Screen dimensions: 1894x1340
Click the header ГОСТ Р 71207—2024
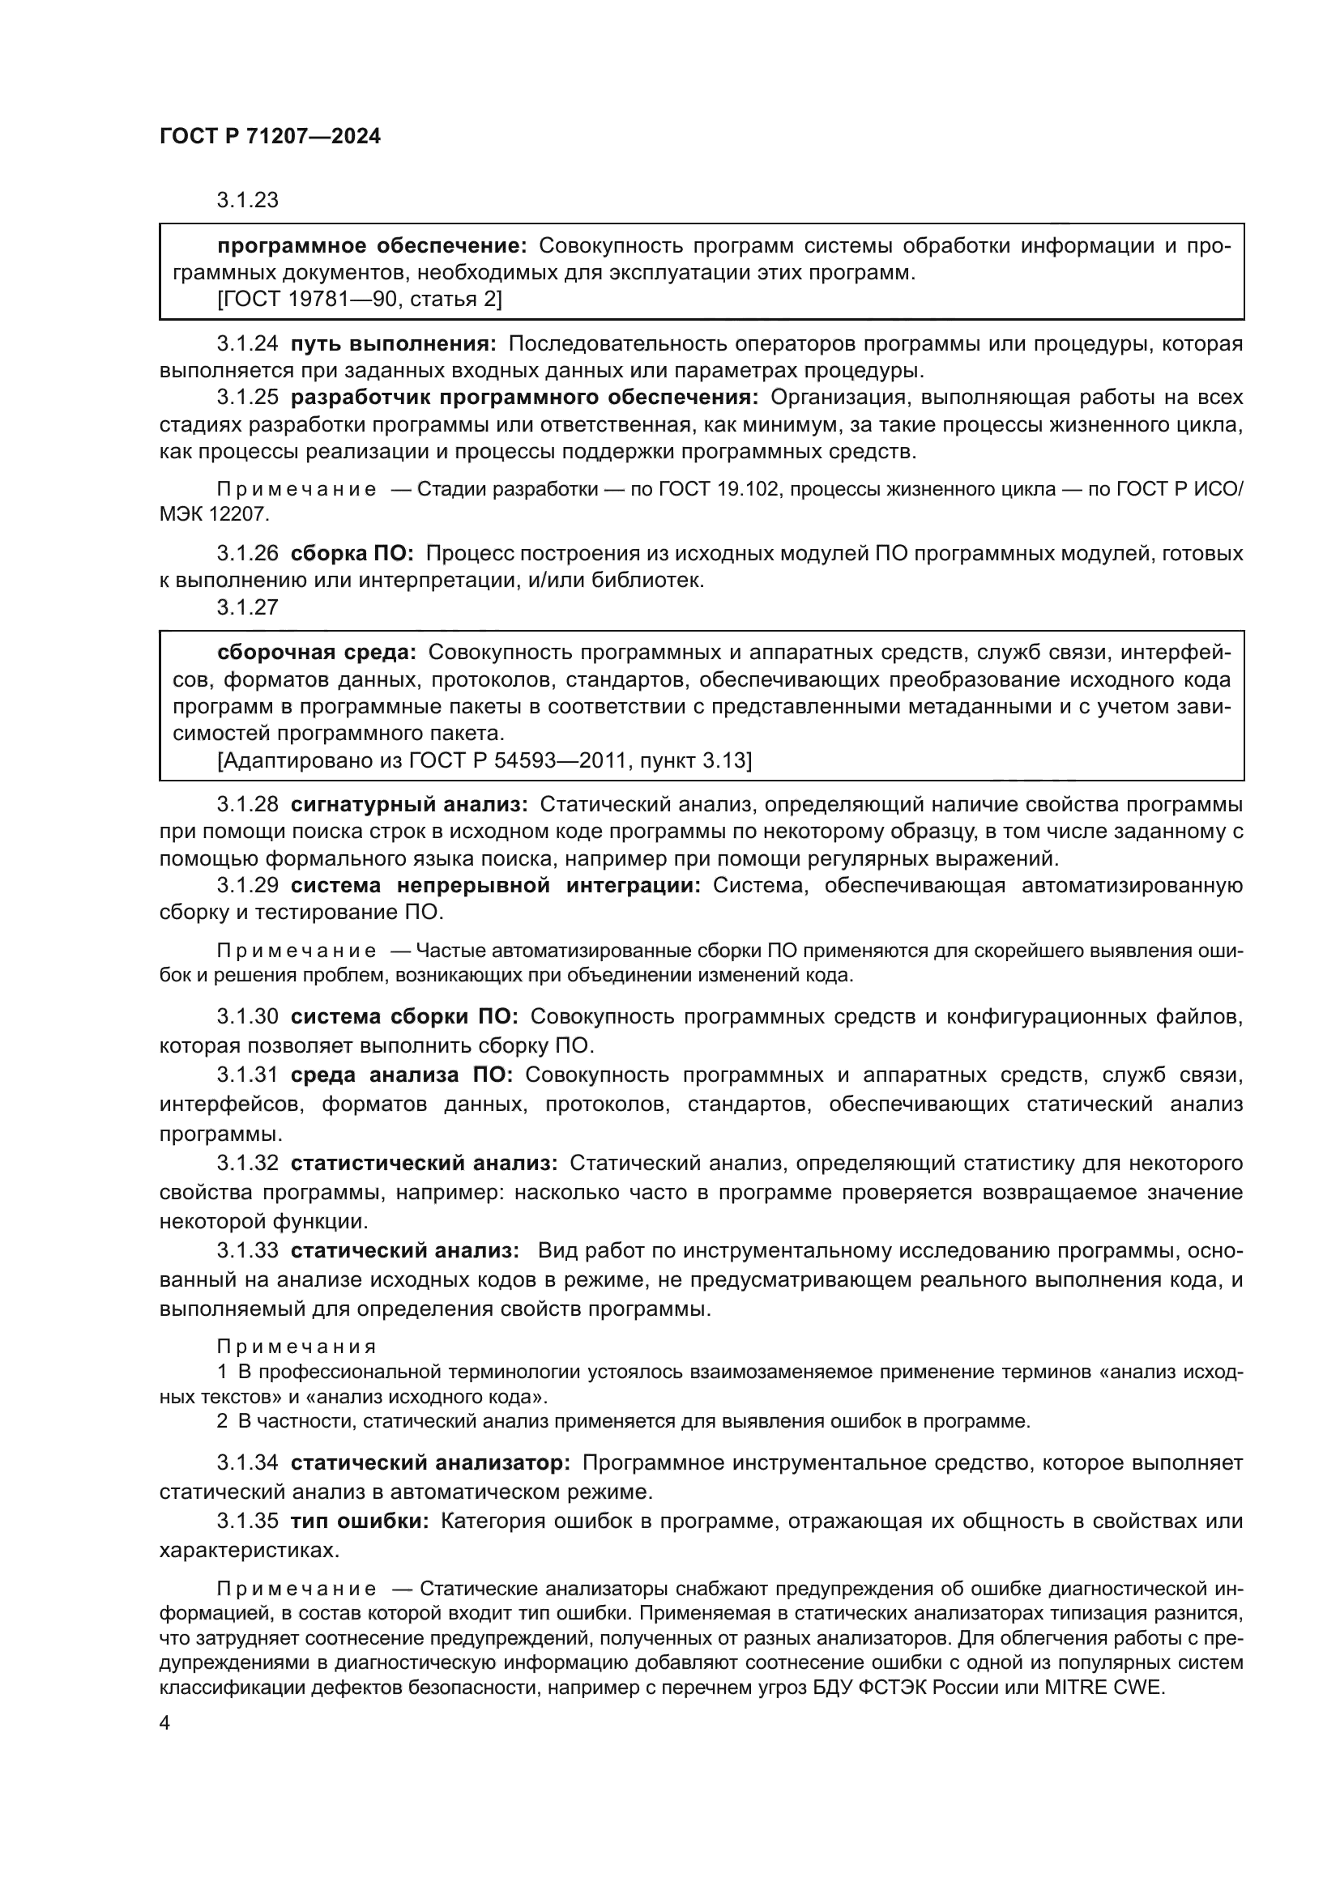pyautogui.click(x=270, y=137)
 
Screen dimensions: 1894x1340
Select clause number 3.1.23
pyautogui.click(x=248, y=201)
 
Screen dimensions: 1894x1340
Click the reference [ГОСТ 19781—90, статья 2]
pyautogui.click(x=360, y=300)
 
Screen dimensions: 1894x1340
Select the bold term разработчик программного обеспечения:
pyautogui.click(x=524, y=398)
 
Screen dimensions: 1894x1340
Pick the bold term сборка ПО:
pyautogui.click(x=352, y=553)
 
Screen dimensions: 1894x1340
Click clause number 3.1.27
pyautogui.click(x=248, y=607)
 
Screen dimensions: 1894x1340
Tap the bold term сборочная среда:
pyautogui.click(x=317, y=653)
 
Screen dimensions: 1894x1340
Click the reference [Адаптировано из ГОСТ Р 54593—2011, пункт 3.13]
pyautogui.click(x=484, y=760)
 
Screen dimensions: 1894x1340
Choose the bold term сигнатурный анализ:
pyautogui.click(x=409, y=803)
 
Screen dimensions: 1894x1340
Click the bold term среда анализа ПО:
pyautogui.click(x=401, y=1075)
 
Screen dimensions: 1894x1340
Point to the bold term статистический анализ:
pyautogui.click(x=424, y=1163)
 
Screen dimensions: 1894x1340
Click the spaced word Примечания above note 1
pyautogui.click(x=297, y=1347)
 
